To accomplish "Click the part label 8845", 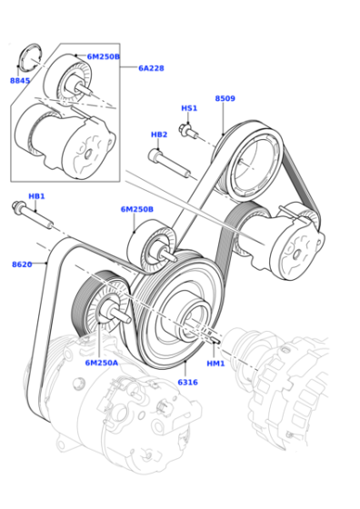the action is click(20, 81).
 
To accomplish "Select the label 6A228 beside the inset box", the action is click(151, 68).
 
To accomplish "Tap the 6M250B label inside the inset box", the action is click(104, 56).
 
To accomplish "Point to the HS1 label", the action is click(189, 108).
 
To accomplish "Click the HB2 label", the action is click(159, 135).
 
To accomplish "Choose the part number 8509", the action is click(225, 98).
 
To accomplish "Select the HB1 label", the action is click(36, 196).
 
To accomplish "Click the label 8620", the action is click(22, 264).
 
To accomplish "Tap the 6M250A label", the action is click(102, 363).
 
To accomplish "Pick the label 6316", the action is click(187, 383).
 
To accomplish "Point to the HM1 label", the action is click(215, 364).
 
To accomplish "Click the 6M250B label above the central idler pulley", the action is click(137, 209).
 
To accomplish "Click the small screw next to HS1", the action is click(188, 131).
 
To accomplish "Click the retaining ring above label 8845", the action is click(30, 59).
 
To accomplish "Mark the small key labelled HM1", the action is click(216, 340).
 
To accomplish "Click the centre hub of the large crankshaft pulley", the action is click(192, 318).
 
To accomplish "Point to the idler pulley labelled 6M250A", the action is click(101, 302).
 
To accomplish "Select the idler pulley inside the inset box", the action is click(69, 79).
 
